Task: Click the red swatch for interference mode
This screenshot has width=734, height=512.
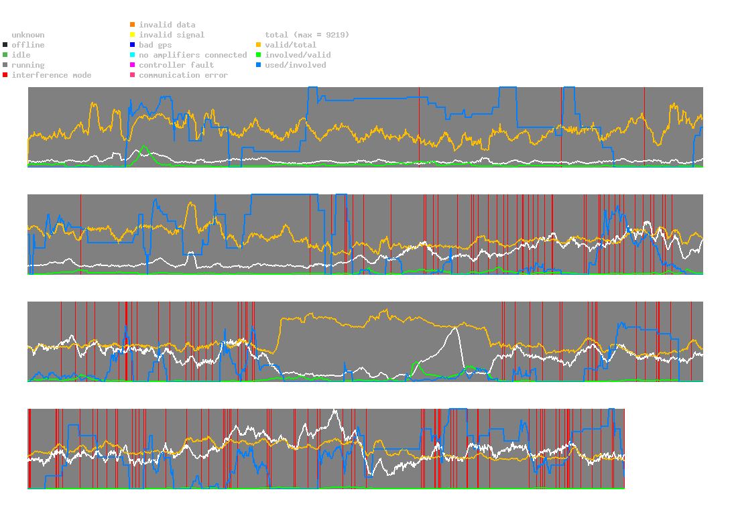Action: pyautogui.click(x=5, y=75)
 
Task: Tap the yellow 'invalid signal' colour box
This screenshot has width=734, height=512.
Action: pyautogui.click(x=133, y=35)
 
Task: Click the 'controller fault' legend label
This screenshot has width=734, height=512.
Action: pyautogui.click(x=176, y=65)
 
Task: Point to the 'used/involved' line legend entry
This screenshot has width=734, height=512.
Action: pyautogui.click(x=296, y=65)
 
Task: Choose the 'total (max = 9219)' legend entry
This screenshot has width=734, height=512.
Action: pyautogui.click(x=307, y=35)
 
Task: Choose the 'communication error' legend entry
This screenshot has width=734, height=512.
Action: pyautogui.click(x=183, y=75)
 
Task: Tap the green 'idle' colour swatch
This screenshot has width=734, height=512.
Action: pyautogui.click(x=5, y=55)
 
